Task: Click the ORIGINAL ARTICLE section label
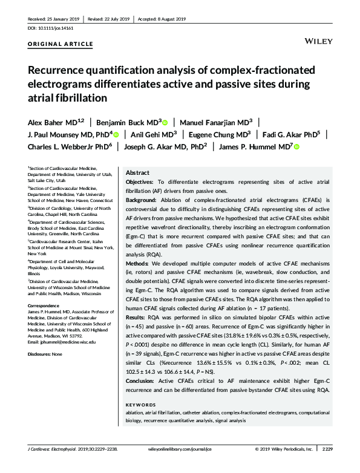click(x=61, y=44)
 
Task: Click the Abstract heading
click(x=137, y=172)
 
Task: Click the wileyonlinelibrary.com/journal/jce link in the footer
click(x=181, y=466)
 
